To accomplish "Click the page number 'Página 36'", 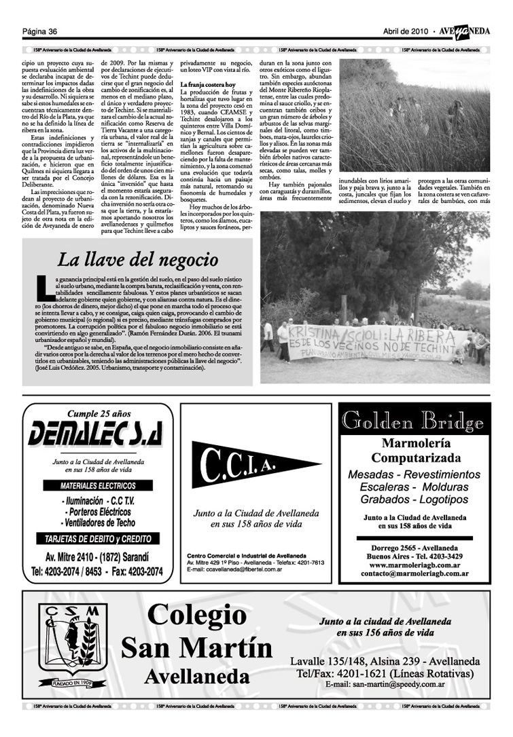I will coord(39,31).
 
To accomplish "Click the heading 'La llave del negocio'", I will coord(138,259).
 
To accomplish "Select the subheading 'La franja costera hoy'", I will coord(207,84).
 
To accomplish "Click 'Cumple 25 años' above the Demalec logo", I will coord(98,413).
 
